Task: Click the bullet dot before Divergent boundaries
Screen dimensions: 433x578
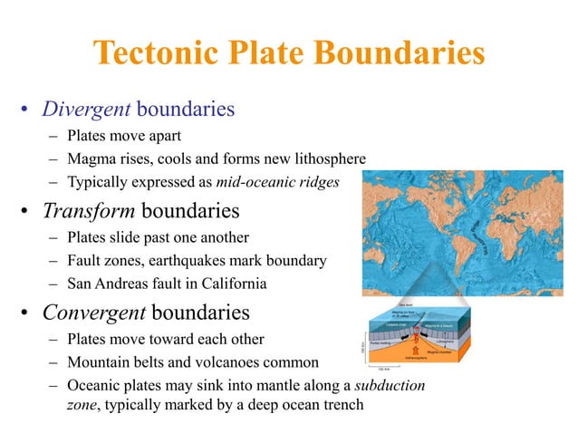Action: pos(26,112)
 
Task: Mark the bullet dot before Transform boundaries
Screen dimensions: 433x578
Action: pos(26,214)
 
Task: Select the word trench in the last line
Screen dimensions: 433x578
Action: pos(341,405)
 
